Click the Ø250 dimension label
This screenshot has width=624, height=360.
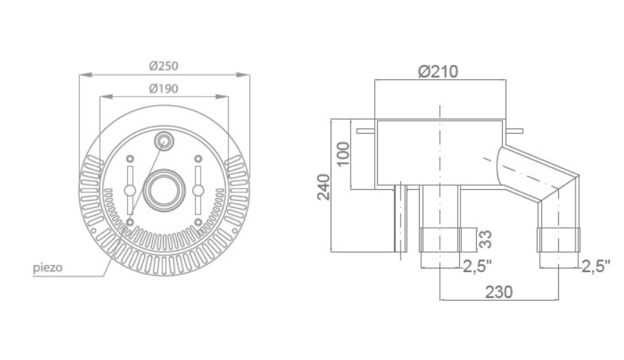tap(164, 66)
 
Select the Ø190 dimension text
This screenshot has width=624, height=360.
tap(164, 89)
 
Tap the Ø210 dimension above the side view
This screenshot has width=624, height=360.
tap(438, 71)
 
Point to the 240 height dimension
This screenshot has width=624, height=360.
tap(324, 187)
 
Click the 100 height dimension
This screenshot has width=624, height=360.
tap(343, 154)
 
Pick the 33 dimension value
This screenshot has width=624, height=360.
tap(485, 239)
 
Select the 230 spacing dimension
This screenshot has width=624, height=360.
tap(499, 292)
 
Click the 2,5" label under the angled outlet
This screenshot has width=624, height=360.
tap(596, 266)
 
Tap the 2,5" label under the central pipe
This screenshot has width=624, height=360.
tap(478, 266)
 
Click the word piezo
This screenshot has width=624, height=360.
tap(48, 268)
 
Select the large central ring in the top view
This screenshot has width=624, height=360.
tap(163, 190)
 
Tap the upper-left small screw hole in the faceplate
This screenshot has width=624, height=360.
tap(130, 159)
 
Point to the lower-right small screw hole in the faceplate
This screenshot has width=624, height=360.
tap(198, 222)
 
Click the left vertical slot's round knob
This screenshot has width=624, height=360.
tap(129, 190)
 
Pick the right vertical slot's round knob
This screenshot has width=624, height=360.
tap(198, 190)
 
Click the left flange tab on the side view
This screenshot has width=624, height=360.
tap(366, 131)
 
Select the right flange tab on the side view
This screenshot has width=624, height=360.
tap(513, 131)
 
